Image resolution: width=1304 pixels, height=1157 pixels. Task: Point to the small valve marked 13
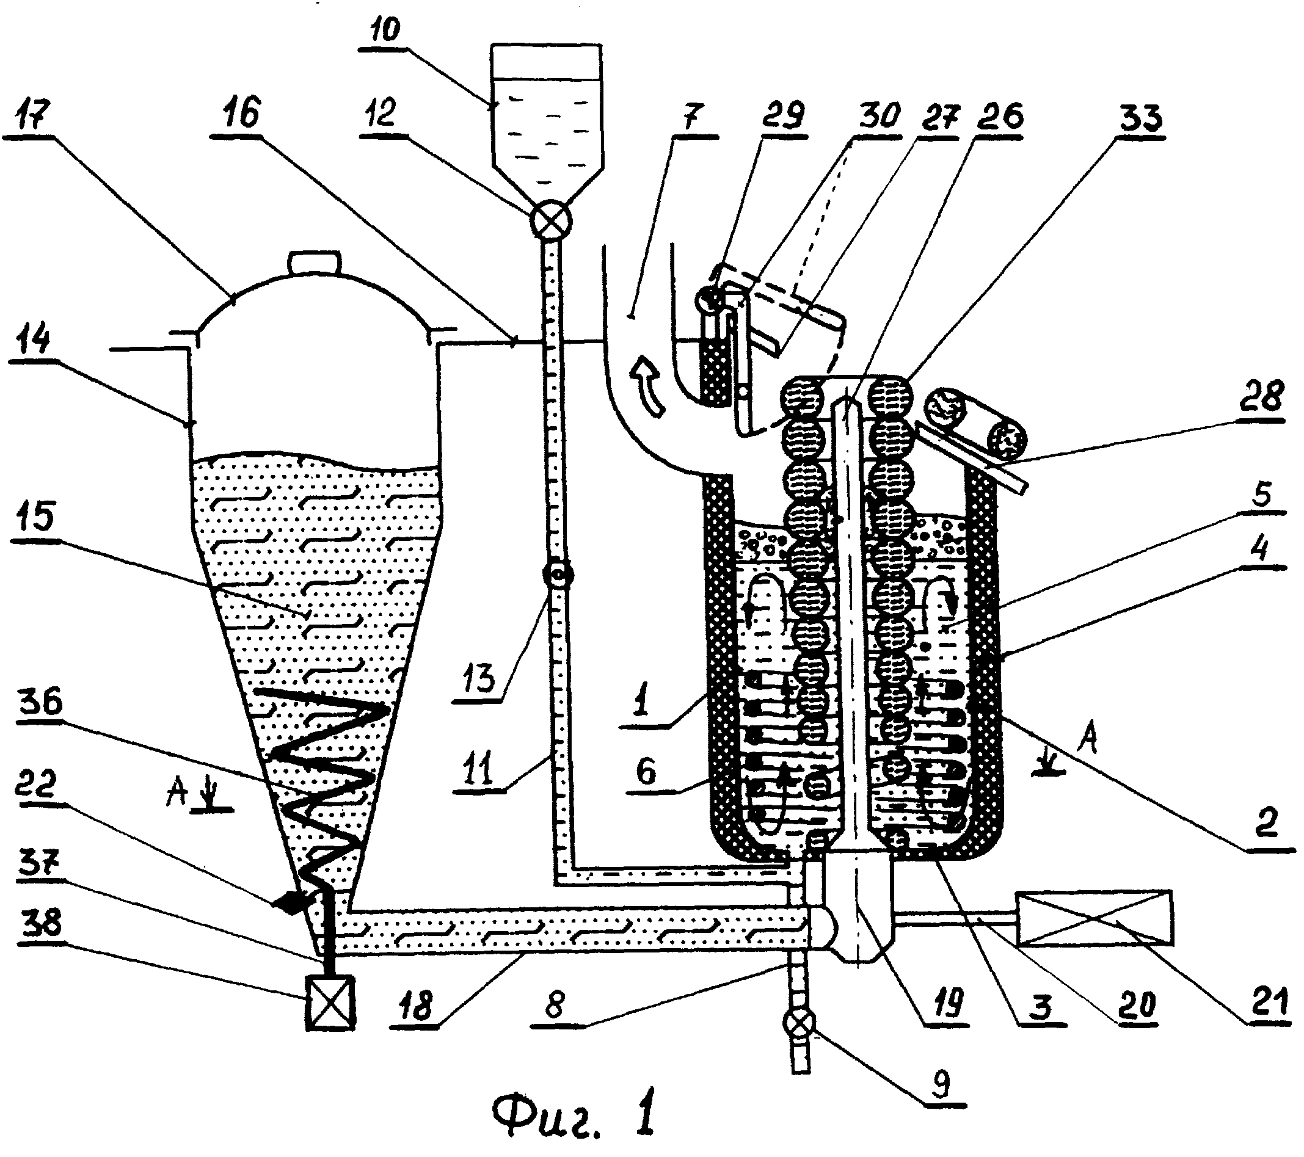[557, 575]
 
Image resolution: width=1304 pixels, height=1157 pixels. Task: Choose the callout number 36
[42, 703]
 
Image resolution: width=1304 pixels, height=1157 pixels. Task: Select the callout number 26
[1004, 116]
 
